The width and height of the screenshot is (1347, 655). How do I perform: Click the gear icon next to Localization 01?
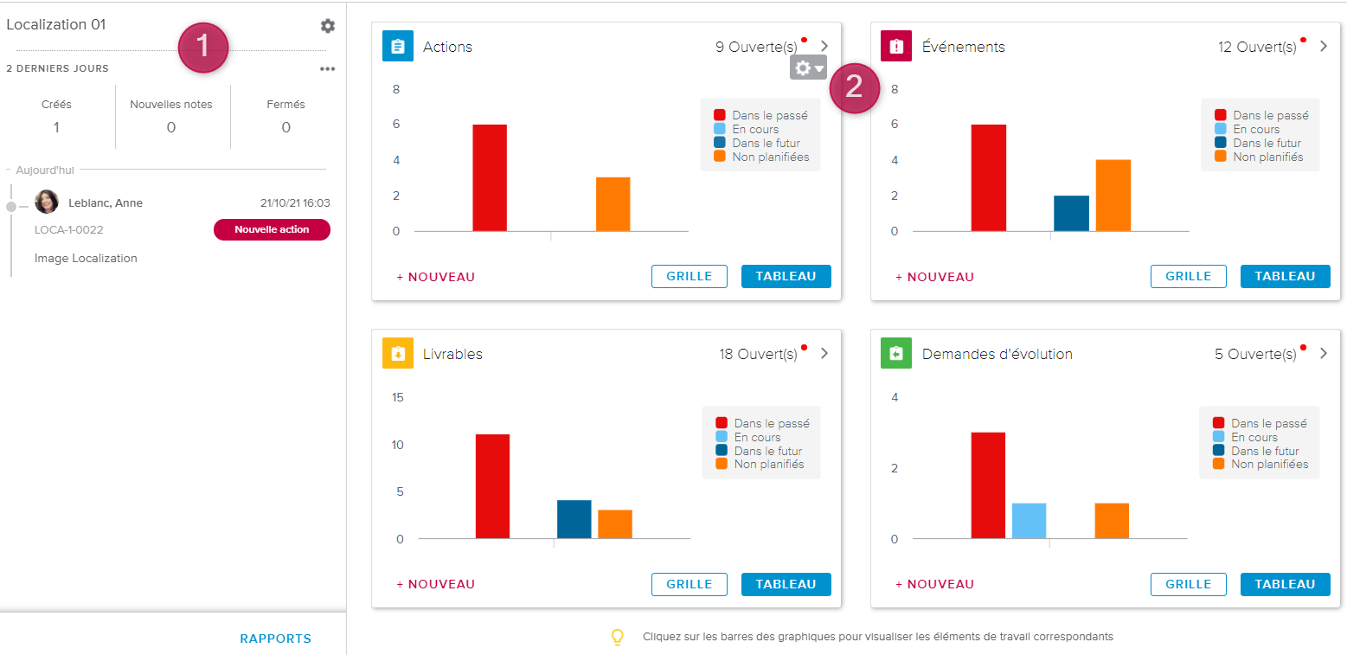327,26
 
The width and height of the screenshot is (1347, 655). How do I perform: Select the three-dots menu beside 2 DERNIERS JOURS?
327,69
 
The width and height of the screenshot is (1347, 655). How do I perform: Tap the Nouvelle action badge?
272,229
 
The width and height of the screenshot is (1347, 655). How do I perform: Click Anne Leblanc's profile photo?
47,202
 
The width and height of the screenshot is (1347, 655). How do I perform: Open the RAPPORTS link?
275,639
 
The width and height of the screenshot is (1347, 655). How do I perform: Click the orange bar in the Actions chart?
613,204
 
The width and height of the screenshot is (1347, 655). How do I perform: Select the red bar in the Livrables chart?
492,486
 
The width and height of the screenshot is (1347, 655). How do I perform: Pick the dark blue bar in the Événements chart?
1071,213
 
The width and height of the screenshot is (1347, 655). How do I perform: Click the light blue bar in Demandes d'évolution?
1029,520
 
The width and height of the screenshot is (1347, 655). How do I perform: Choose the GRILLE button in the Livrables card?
689,584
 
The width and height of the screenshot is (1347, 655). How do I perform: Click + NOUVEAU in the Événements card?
934,277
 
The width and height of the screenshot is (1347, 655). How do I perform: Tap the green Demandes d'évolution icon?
896,353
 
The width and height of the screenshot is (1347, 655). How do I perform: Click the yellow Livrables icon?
398,353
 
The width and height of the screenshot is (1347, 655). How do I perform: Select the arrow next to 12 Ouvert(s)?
1324,47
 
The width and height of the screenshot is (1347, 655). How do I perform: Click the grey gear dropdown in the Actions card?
808,67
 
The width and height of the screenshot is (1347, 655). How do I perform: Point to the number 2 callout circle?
854,87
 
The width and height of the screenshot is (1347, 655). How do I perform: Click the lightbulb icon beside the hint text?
618,637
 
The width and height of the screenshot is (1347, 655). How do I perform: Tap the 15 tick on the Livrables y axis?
398,398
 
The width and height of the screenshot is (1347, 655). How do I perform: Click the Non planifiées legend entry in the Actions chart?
762,157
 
